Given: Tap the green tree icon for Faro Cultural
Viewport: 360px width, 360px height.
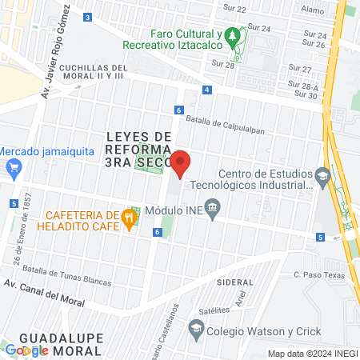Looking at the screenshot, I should (232, 35).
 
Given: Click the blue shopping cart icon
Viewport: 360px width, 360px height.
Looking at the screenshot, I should (12, 167).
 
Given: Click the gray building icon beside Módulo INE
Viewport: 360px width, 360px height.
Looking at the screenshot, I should (213, 210).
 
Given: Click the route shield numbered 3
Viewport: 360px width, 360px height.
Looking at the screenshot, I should (86, 16).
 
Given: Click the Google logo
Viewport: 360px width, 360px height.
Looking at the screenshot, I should (26, 350).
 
